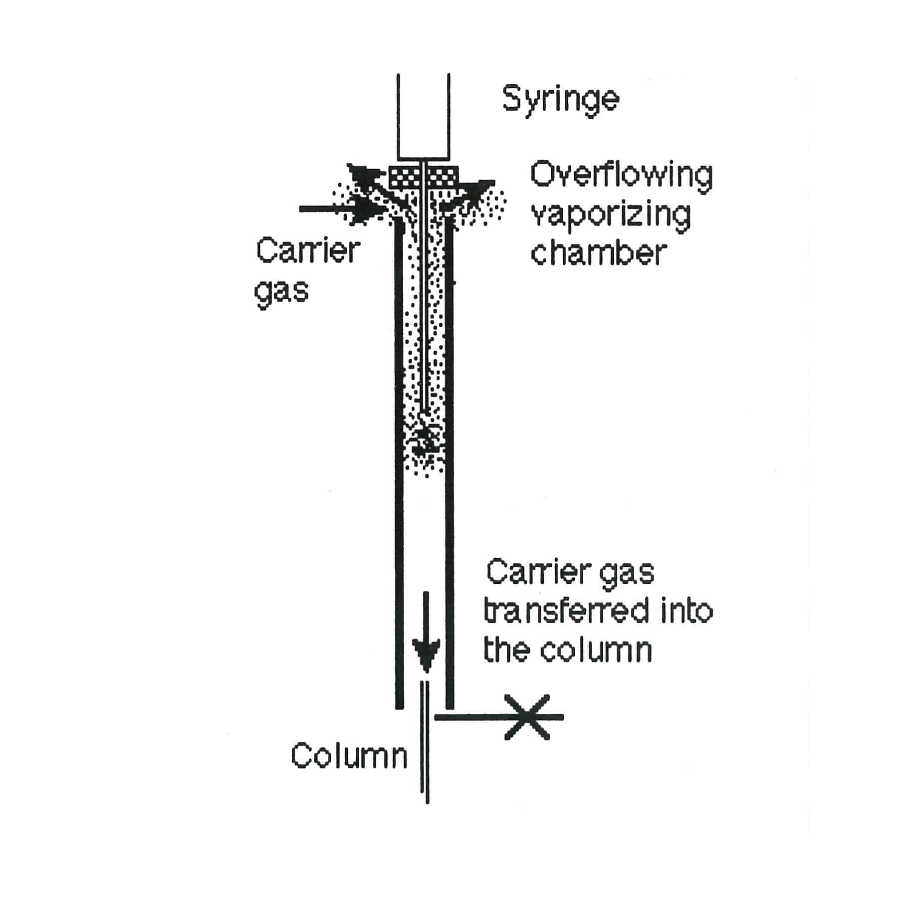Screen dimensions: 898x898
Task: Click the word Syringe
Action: point(560,99)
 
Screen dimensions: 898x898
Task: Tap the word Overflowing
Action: point(621,176)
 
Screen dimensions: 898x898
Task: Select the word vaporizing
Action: point(611,216)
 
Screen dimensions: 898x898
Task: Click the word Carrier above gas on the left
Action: point(307,251)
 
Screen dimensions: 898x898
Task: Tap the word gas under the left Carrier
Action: point(281,291)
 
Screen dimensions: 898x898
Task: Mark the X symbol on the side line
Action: point(527,717)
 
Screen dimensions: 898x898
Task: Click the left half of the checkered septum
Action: point(404,176)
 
